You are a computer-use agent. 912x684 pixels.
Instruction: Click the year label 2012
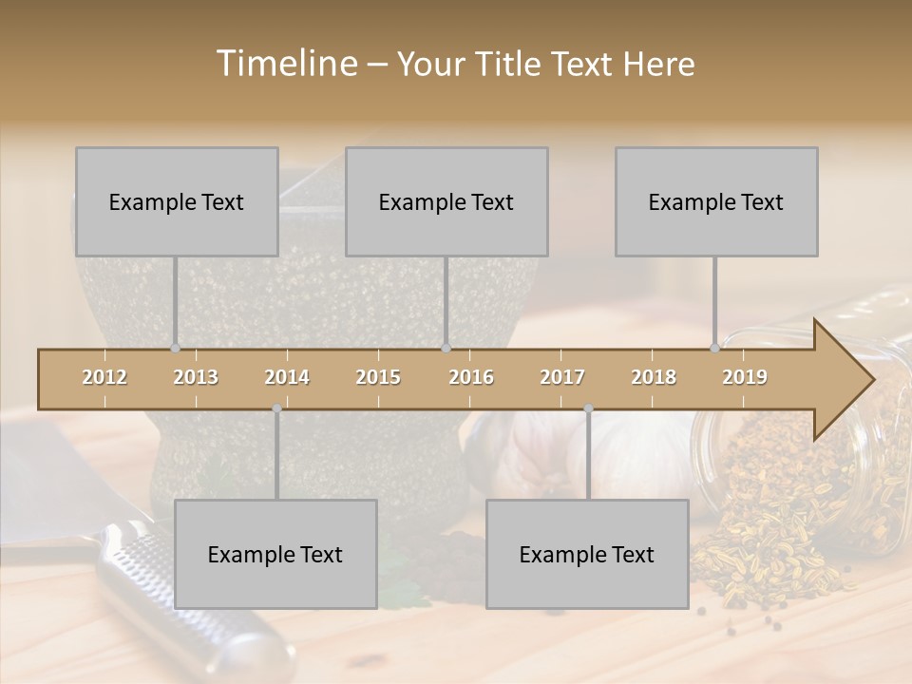pos(104,377)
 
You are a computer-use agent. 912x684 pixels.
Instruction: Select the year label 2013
pos(196,377)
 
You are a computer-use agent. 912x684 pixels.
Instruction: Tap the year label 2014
pos(287,377)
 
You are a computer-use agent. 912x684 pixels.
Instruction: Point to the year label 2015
pos(378,377)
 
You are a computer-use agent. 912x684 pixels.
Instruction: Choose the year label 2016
pos(471,377)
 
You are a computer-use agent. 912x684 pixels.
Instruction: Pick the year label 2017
pos(562,377)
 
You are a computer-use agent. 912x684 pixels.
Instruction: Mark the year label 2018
pos(654,377)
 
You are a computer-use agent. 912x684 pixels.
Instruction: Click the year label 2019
pos(745,377)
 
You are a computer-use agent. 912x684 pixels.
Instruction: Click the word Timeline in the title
pos(285,64)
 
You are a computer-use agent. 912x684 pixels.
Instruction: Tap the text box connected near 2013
pos(177,201)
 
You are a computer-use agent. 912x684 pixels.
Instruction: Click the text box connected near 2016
pos(446,201)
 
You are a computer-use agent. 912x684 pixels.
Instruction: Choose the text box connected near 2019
pos(716,201)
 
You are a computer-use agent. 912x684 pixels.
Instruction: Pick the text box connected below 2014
pos(275,554)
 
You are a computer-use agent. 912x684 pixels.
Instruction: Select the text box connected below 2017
pos(587,554)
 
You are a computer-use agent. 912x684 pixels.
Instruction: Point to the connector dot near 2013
pos(175,348)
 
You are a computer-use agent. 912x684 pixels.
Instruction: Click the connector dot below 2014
pos(276,408)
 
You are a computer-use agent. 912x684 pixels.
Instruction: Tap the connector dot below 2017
pos(588,408)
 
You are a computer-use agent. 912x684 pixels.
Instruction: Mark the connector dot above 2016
pos(446,348)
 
